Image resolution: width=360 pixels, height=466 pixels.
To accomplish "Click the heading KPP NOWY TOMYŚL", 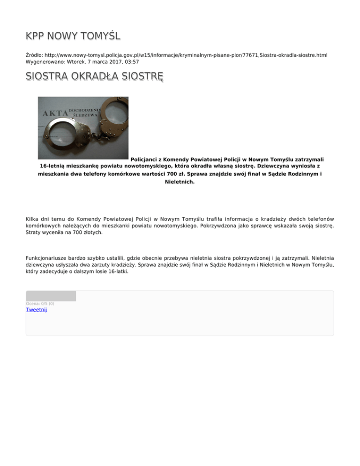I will tap(74, 37).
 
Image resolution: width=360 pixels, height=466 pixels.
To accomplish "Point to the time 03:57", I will tap(130, 61).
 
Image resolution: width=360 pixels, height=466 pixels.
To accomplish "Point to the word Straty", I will tap(34, 232).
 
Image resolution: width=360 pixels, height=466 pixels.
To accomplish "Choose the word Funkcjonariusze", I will tap(49, 257).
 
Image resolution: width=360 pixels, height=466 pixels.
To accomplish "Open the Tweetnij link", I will tap(37, 309).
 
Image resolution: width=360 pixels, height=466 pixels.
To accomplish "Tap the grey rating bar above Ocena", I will tap(51, 296).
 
